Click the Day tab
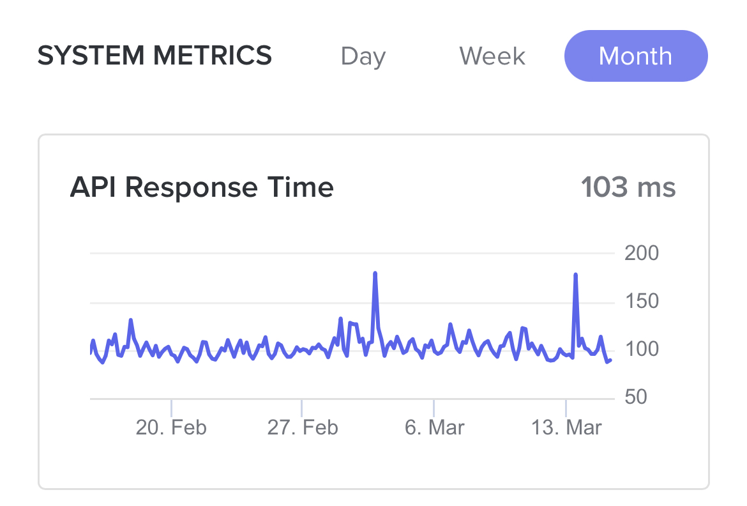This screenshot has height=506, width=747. [x=363, y=56]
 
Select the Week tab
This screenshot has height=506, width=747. [x=492, y=56]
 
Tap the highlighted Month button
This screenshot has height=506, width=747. [x=636, y=56]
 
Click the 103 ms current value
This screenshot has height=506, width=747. [x=628, y=188]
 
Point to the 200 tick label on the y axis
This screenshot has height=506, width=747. [x=641, y=254]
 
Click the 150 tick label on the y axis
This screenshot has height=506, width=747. [x=641, y=302]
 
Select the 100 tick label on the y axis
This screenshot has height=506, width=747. [x=641, y=349]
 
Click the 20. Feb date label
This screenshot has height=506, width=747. [x=171, y=427]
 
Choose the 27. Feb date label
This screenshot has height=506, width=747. [x=303, y=427]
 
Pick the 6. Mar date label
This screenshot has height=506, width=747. [x=434, y=427]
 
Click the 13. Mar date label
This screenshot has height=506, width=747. [x=566, y=427]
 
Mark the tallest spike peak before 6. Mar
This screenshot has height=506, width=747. [x=375, y=273]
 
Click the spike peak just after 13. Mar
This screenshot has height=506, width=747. [x=576, y=275]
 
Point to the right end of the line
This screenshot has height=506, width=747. [x=610, y=360]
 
